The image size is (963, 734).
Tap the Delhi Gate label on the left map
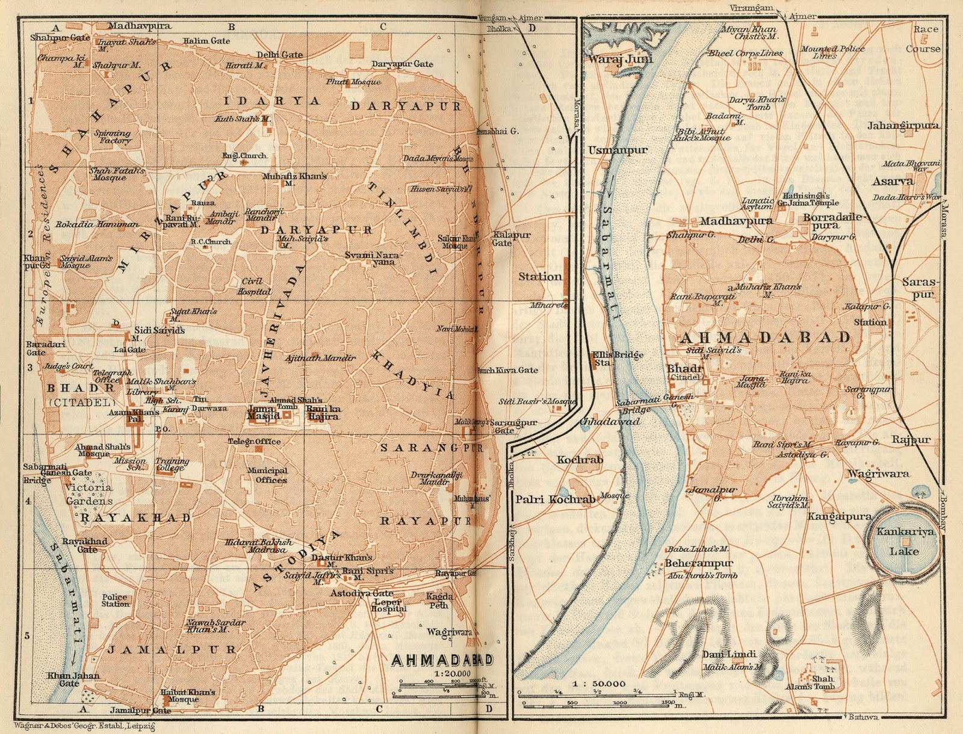pos(280,55)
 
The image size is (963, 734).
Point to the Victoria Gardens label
pos(89,494)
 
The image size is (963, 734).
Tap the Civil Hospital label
pos(255,286)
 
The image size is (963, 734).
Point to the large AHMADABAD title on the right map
pos(765,337)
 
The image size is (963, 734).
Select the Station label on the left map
pos(540,277)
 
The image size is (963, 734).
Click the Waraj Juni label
pos(620,59)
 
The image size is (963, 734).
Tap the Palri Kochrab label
pos(555,499)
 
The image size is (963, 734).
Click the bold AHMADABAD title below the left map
pos(442,660)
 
